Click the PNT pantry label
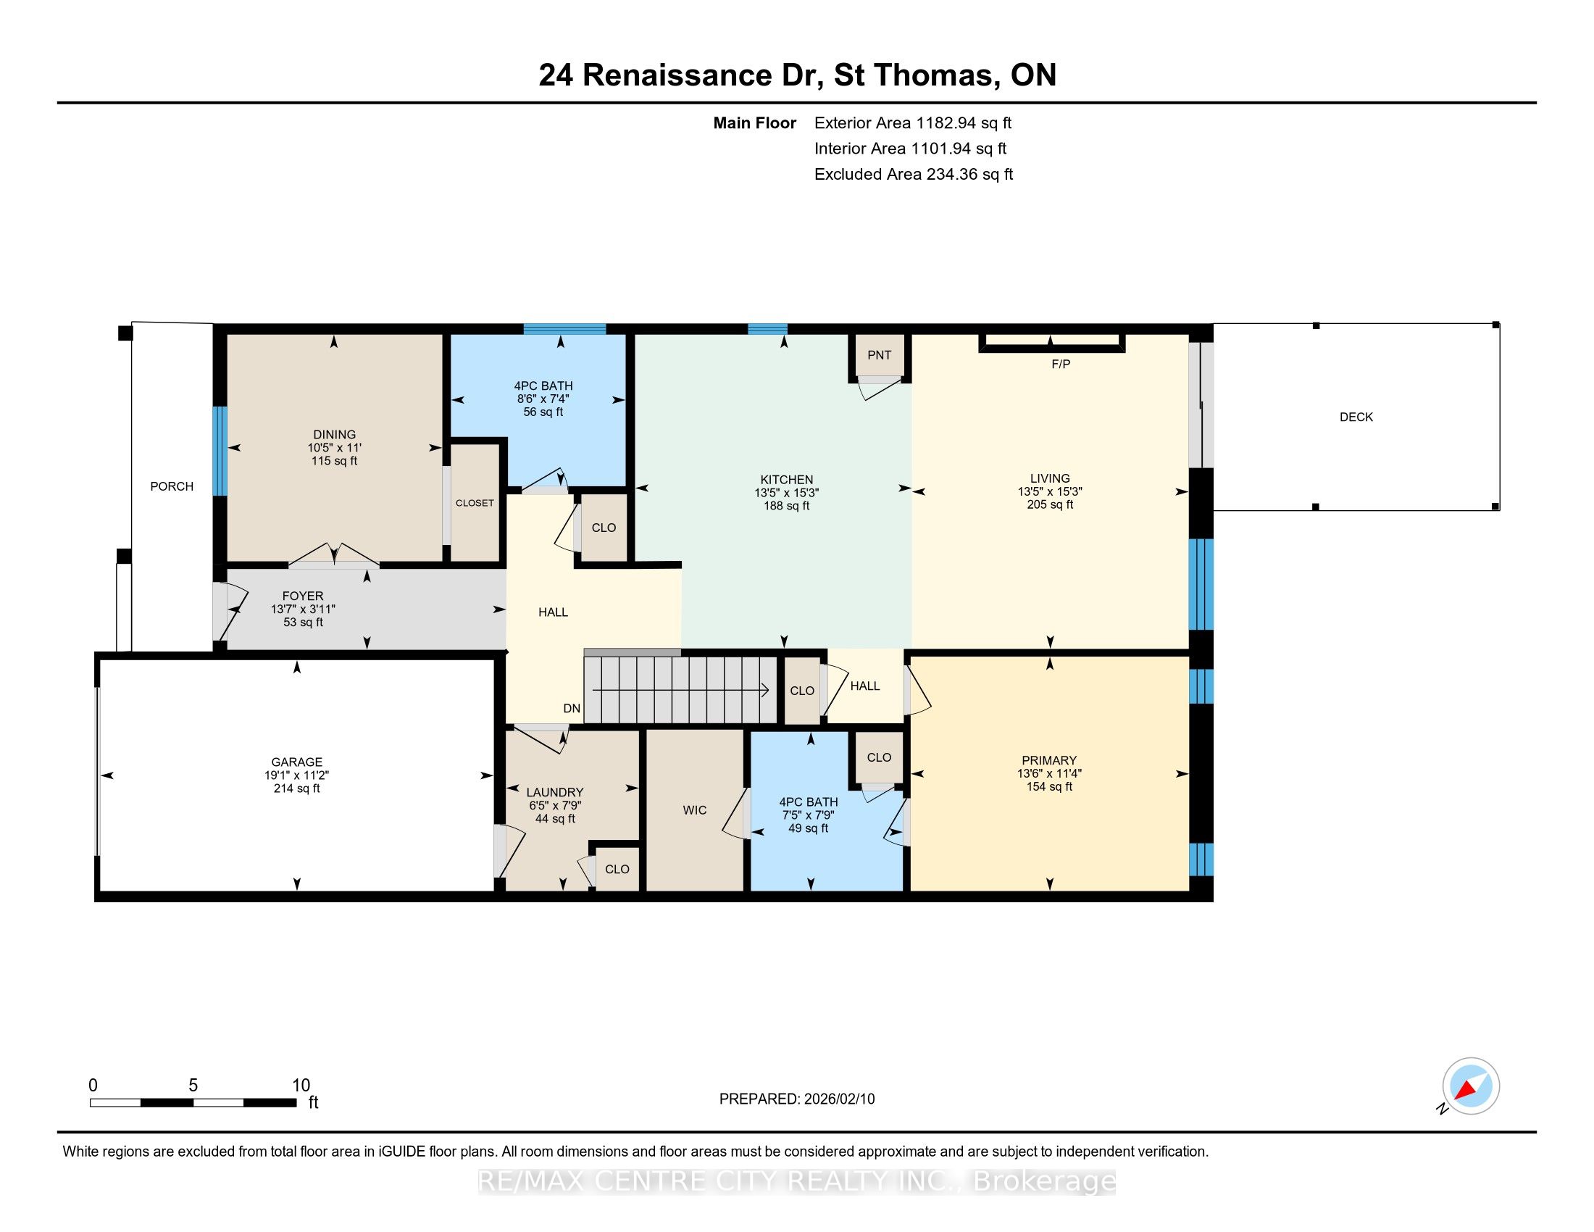pos(879,355)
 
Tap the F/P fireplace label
pos(1061,365)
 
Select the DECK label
pos(1356,417)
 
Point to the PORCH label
pos(172,487)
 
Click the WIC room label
pos(695,810)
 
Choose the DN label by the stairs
pos(572,709)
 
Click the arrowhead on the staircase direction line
pos(764,689)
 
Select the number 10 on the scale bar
pos(301,1086)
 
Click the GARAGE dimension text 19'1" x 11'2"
pos(296,776)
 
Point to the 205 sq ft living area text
pos(1050,504)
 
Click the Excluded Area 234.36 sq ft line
pos(914,175)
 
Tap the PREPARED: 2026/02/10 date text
pos(797,1099)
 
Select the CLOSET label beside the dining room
pos(475,504)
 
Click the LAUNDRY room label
pos(555,793)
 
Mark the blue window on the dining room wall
pos(220,451)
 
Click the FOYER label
pos(303,596)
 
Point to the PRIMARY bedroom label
pos(1049,760)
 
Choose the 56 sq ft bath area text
pos(543,412)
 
